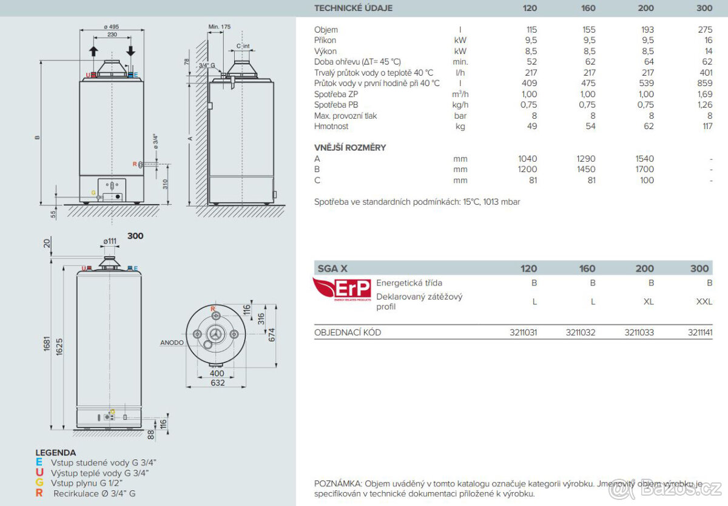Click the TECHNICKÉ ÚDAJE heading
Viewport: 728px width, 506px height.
pos(353,8)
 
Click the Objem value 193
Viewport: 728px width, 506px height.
pos(647,30)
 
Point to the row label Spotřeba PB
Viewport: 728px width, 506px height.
pos(335,105)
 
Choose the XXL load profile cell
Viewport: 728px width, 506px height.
pos(704,301)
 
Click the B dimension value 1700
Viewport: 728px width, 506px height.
pos(645,170)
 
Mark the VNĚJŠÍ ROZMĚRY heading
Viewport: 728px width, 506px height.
pos(350,147)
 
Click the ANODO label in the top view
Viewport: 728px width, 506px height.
pos(172,342)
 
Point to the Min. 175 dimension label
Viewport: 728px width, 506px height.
pos(220,27)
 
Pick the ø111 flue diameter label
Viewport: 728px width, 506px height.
pos(110,241)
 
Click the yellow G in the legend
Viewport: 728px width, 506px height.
pos(39,482)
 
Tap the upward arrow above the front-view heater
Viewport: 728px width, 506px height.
pos(93,50)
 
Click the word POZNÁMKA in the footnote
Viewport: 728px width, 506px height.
pos(337,484)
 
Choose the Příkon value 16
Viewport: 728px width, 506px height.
pos(707,41)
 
